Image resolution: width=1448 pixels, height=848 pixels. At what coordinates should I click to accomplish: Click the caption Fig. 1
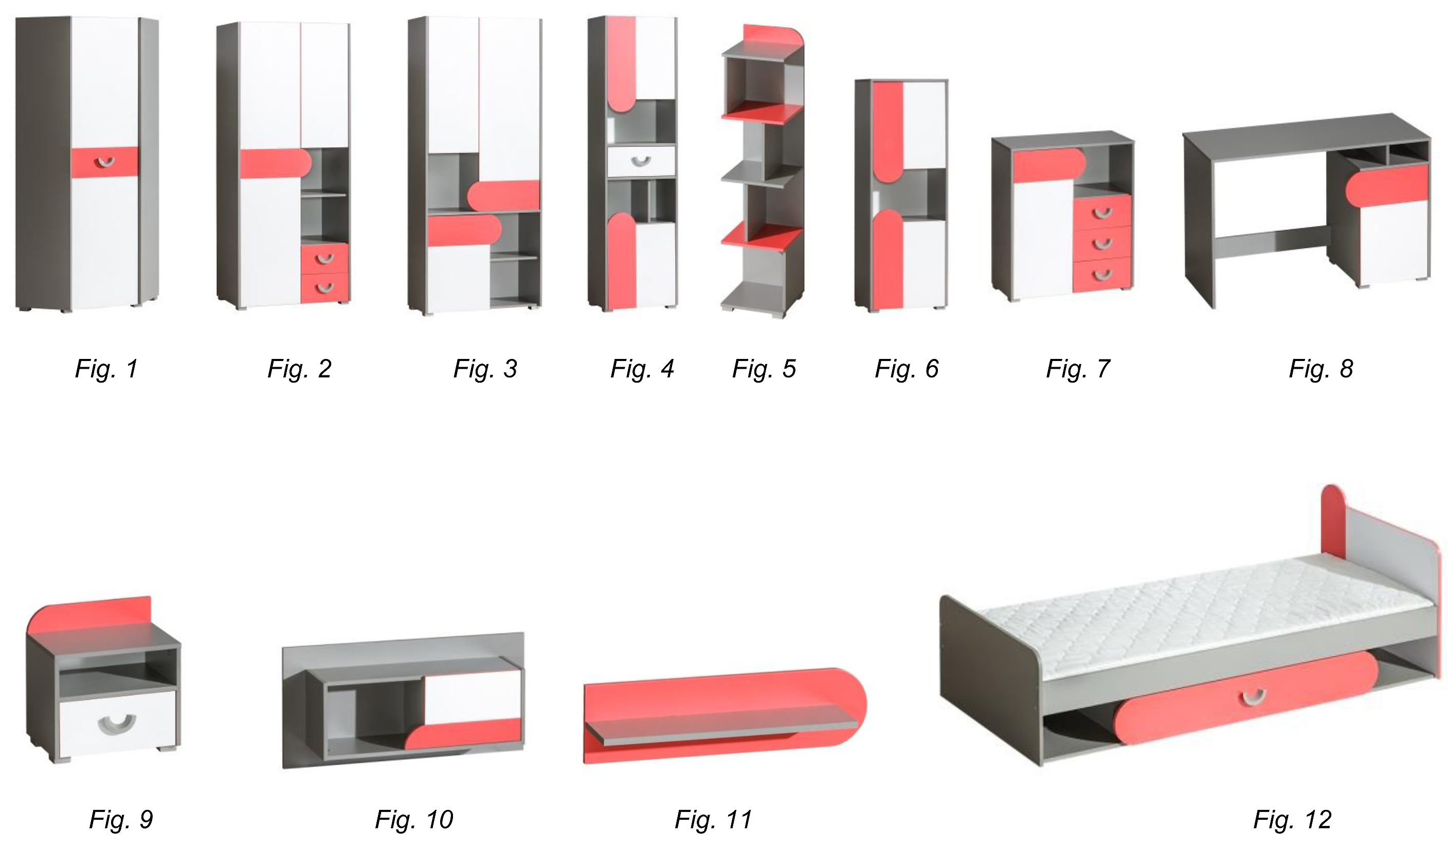[x=106, y=369]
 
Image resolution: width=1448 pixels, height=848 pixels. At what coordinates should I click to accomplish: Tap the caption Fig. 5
[x=764, y=369]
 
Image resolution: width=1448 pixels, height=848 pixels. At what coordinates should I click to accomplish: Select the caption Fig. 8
[x=1321, y=369]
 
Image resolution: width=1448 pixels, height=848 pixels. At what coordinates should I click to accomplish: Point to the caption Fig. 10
[x=414, y=819]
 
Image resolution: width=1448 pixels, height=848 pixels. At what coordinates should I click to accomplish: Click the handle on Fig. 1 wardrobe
[x=104, y=163]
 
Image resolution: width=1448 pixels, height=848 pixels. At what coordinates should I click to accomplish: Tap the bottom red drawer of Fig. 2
[x=324, y=288]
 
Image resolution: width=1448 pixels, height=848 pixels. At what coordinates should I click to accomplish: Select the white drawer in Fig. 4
[x=641, y=161]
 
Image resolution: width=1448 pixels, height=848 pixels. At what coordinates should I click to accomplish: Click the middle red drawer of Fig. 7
[x=1101, y=244]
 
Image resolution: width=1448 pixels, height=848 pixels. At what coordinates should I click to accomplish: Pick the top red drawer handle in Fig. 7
[x=1101, y=214]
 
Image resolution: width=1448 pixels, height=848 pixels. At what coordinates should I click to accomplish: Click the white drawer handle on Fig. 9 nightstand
[x=117, y=725]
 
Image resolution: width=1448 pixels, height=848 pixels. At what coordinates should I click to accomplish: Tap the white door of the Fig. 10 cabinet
[x=473, y=696]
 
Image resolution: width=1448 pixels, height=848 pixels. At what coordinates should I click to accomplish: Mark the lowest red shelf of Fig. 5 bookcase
[x=762, y=236]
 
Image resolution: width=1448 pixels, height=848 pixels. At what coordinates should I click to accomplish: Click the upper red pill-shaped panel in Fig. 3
[x=503, y=195]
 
